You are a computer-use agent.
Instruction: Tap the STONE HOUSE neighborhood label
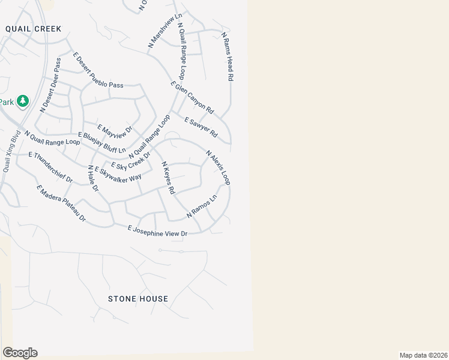tap(138, 299)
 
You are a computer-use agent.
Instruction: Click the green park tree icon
tap(23, 101)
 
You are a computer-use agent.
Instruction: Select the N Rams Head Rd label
tap(228, 57)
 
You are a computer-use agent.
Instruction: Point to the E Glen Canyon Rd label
tap(192, 98)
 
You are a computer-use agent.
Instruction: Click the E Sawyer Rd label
tap(200, 127)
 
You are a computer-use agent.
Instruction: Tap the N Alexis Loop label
tap(218, 167)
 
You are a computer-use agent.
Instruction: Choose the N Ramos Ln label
tap(201, 206)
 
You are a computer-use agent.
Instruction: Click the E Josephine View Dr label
tap(158, 230)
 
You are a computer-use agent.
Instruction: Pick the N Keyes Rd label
tap(167, 177)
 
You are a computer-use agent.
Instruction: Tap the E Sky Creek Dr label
tap(130, 158)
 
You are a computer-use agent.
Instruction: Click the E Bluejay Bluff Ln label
tap(102, 142)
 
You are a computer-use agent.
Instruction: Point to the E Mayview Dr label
tap(114, 130)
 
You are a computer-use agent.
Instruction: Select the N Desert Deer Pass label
tap(50, 85)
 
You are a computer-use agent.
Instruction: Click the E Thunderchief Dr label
tap(50, 167)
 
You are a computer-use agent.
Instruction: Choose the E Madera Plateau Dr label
tap(61, 205)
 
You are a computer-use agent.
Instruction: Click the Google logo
tap(20, 353)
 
